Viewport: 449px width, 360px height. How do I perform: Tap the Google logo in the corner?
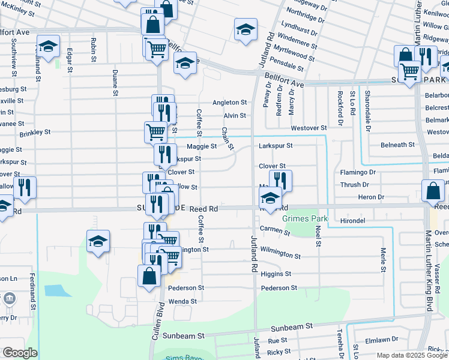[x=20, y=353]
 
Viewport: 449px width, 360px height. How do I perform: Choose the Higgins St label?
[x=276, y=274]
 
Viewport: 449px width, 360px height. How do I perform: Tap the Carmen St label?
[x=276, y=229]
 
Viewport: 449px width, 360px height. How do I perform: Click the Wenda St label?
[x=182, y=301]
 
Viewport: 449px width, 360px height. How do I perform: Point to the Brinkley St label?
[x=35, y=133]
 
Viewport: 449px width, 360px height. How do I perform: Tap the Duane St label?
[x=115, y=83]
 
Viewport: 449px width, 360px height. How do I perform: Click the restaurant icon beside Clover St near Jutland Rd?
[x=280, y=180]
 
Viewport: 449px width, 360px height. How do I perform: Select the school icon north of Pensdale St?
[x=245, y=30]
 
